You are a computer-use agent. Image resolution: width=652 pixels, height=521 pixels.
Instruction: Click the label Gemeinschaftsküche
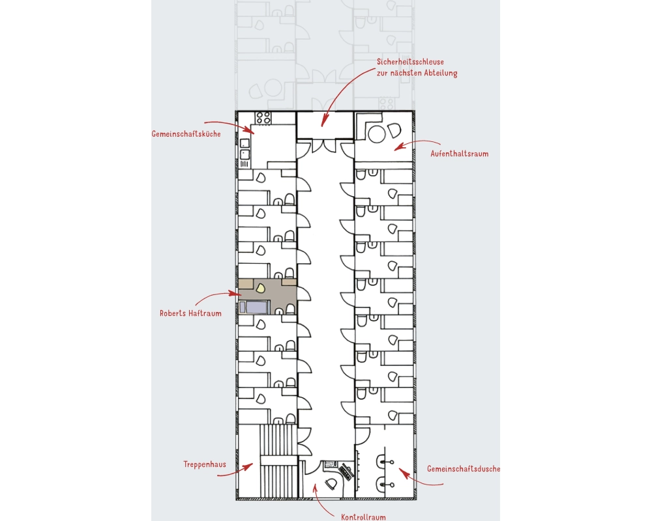(x=186, y=134)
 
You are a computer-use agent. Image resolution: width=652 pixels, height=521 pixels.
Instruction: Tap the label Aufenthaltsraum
(x=460, y=154)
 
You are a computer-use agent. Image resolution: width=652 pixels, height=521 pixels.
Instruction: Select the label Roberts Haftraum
(x=190, y=313)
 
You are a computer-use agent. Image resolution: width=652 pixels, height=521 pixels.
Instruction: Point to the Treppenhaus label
(x=205, y=464)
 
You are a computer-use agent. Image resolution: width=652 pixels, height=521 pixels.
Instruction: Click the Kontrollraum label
(x=363, y=517)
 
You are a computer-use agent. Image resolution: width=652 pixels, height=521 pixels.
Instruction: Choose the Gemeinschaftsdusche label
(x=464, y=469)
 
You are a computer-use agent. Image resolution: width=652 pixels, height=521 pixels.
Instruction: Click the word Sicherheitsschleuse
(x=410, y=62)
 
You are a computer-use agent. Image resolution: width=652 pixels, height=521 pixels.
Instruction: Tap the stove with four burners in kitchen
(x=263, y=118)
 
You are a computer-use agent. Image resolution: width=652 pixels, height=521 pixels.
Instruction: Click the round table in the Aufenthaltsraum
(x=377, y=134)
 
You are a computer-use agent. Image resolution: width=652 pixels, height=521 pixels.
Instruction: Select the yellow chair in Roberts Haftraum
(x=260, y=287)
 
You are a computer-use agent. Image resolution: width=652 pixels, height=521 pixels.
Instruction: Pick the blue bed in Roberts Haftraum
(x=254, y=307)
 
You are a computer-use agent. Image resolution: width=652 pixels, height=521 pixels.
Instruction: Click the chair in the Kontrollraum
(x=331, y=484)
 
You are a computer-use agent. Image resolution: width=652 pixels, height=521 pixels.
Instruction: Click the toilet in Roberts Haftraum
(x=290, y=309)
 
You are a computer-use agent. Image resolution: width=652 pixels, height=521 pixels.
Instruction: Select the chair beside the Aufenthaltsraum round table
(x=394, y=131)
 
